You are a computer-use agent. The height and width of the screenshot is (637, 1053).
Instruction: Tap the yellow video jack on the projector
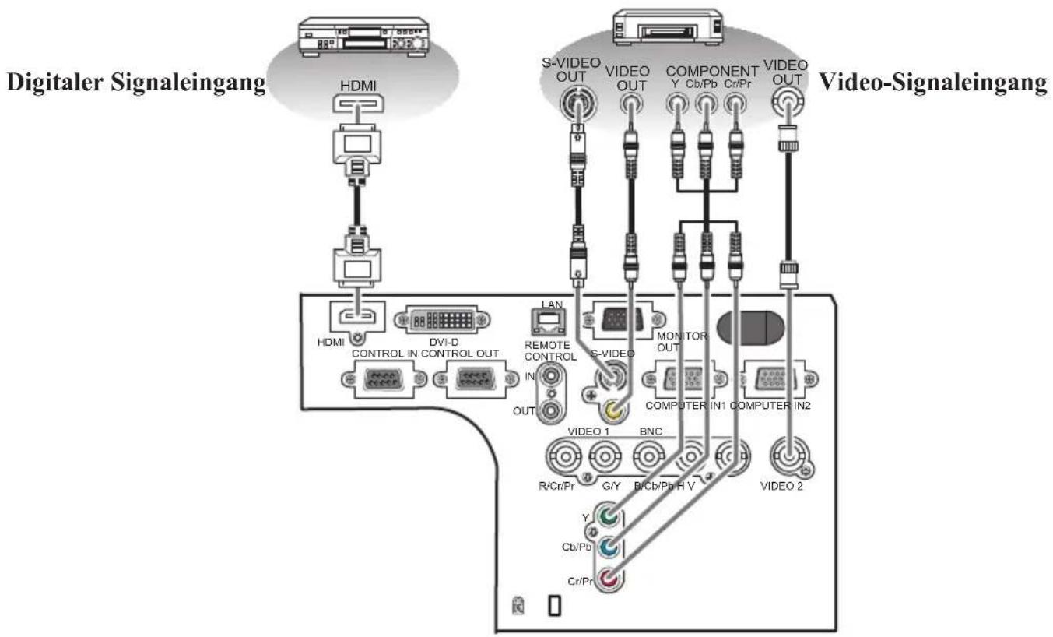coord(614,410)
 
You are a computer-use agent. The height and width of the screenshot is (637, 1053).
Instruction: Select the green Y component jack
coord(609,516)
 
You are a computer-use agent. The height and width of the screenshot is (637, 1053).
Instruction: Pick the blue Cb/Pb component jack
coord(609,547)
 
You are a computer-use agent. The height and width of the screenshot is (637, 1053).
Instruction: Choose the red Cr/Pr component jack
coord(609,579)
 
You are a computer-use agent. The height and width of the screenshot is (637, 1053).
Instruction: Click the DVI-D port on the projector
coord(442,320)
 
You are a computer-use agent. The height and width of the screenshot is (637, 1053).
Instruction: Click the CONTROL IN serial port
coord(384,378)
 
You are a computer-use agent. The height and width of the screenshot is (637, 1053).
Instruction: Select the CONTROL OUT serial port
coord(476,378)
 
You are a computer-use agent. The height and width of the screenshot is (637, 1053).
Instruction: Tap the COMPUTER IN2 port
coord(779,379)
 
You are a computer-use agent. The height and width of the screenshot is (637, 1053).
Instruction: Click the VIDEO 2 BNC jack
coord(790,455)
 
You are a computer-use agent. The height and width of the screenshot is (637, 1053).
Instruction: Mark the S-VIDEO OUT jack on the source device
coord(577,103)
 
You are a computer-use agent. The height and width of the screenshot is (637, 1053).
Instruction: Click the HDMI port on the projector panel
coord(358,316)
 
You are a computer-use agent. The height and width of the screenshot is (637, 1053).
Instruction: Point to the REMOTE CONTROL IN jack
coord(551,376)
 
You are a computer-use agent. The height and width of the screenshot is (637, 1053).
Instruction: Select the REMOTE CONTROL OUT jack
coord(551,410)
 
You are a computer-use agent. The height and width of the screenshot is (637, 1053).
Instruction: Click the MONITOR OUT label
coord(682,342)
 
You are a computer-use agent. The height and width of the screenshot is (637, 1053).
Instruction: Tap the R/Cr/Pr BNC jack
coord(564,456)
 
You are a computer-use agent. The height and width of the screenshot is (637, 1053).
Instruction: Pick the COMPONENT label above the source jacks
coord(711,71)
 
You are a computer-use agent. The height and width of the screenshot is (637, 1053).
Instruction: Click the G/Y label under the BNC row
coord(611,486)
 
